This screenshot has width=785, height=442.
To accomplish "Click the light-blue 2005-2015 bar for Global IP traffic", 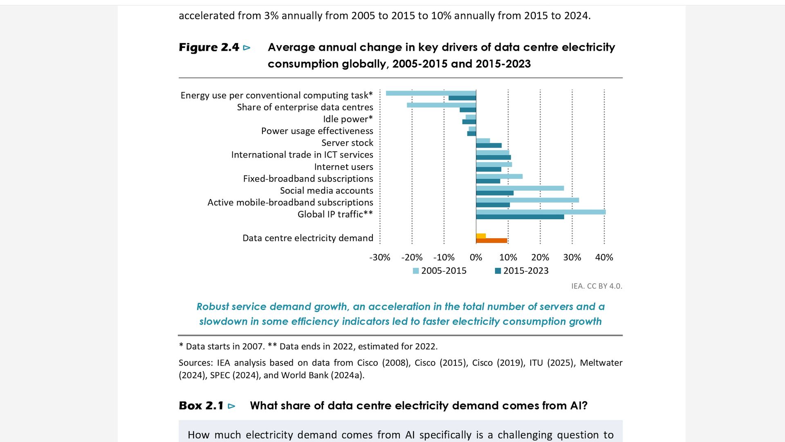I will [541, 212].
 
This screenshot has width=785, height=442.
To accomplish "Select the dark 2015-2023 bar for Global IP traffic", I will [520, 217].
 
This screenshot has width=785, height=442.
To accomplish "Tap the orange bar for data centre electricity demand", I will [491, 241].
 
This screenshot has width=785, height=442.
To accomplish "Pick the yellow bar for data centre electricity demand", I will [481, 236].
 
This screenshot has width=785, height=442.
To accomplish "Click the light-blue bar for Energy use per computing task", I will [431, 93].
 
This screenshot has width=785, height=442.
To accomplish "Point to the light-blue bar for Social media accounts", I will [520, 188].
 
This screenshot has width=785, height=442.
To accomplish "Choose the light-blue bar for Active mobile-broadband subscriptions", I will [527, 200].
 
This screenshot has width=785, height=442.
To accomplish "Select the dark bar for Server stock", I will [489, 145].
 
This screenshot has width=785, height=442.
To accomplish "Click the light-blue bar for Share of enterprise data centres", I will [442, 105].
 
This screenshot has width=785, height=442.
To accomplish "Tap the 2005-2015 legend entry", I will [440, 271].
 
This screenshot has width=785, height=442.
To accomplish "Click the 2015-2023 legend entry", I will [522, 271].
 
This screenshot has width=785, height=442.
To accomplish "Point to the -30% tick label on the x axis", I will [379, 257].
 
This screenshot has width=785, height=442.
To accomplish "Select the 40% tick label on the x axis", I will [604, 257].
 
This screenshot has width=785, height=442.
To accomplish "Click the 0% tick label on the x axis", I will [476, 257].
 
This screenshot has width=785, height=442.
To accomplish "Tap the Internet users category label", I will [343, 167].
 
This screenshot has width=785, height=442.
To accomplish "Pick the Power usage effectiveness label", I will [317, 131].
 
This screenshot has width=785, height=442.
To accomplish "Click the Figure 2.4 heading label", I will [209, 47].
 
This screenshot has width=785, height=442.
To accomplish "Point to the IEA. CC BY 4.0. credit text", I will [597, 286].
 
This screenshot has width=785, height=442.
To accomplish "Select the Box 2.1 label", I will [201, 406].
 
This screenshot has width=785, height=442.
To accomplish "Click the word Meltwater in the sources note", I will [601, 363].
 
